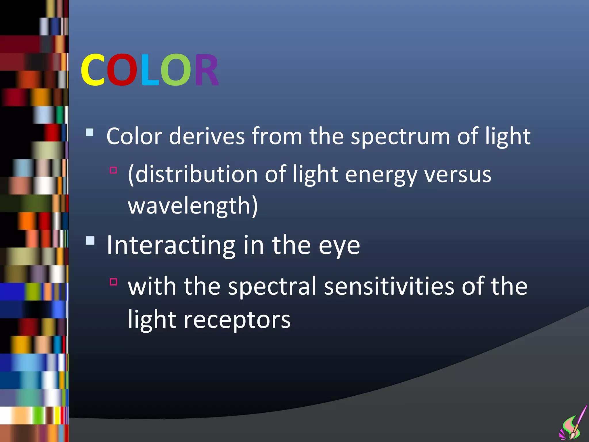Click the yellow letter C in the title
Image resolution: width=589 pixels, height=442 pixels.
click(x=93, y=70)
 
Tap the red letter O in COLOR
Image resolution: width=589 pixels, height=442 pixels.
click(x=122, y=70)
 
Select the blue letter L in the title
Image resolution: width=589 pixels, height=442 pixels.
click(x=150, y=70)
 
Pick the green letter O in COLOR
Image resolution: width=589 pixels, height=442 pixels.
click(x=175, y=70)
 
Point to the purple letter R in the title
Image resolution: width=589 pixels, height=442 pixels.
click(x=206, y=70)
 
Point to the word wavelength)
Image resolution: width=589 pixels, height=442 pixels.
click(x=193, y=206)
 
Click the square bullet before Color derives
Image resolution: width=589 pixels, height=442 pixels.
click(x=90, y=132)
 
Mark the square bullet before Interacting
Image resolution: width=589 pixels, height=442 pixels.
click(x=90, y=240)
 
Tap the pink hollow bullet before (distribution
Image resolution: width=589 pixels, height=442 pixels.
click(x=114, y=170)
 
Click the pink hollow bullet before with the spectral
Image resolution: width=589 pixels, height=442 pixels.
click(x=114, y=282)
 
